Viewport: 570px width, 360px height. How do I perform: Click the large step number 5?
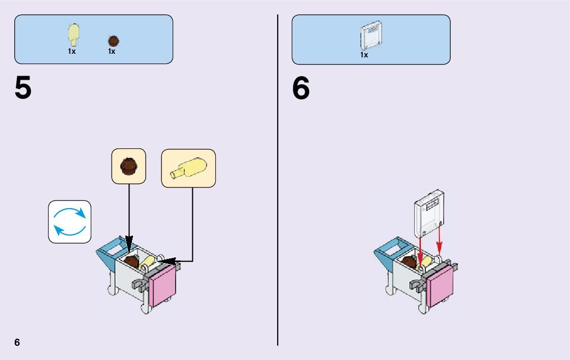click(23, 88)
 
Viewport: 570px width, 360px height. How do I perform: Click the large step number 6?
click(300, 88)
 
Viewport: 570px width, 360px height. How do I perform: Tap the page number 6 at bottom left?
click(17, 342)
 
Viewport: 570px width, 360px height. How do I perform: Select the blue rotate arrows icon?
click(70, 221)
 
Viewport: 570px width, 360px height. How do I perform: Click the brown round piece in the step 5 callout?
click(128, 166)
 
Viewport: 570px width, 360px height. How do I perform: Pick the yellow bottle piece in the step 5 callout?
click(189, 168)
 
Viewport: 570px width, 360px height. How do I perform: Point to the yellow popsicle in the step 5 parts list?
click(74, 35)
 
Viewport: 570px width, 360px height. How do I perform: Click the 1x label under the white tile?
click(364, 55)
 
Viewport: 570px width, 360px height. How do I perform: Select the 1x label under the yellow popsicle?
click(72, 51)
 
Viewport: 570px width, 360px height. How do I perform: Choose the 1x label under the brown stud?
click(112, 51)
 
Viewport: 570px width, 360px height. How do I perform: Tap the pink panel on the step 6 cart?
click(441, 286)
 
